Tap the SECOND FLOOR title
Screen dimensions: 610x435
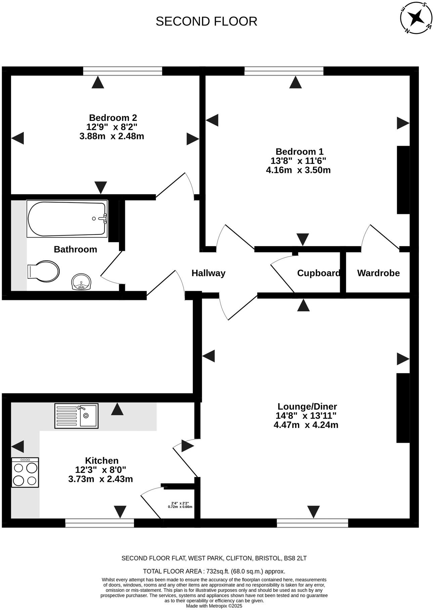click(206, 21)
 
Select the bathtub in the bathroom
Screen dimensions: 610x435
click(67, 219)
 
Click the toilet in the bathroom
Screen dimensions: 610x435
click(43, 271)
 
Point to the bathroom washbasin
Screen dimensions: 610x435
click(81, 281)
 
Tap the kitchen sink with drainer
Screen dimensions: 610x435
click(76, 416)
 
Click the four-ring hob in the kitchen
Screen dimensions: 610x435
click(25, 472)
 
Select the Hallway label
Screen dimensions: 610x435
click(208, 273)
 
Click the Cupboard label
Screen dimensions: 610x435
click(318, 273)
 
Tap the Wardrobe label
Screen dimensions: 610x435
click(378, 273)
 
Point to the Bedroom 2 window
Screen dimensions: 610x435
click(123, 71)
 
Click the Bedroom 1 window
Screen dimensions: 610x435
click(284, 71)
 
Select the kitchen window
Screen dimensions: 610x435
click(99, 523)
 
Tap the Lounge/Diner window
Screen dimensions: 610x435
click(312, 523)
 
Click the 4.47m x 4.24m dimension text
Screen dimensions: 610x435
click(306, 425)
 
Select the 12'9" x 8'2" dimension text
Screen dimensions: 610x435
click(112, 127)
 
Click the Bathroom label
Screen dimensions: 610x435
click(75, 249)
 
